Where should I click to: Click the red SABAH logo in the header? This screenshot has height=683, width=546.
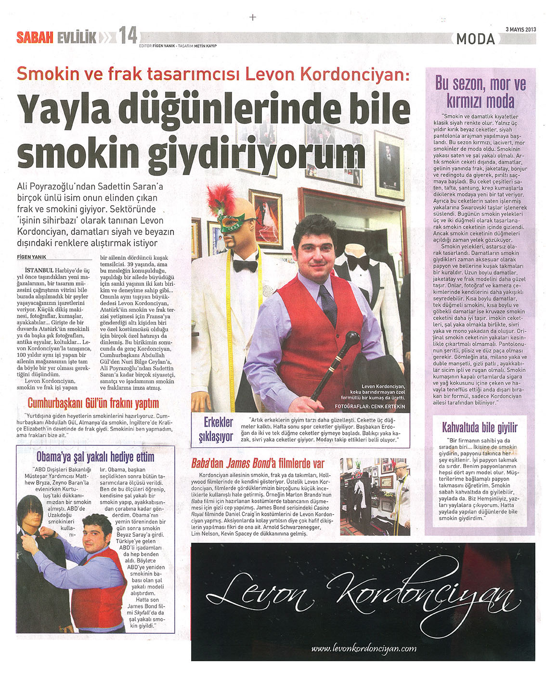(x=35, y=38)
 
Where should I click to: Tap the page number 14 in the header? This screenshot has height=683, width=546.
(x=128, y=36)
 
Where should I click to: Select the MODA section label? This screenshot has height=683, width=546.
(x=475, y=39)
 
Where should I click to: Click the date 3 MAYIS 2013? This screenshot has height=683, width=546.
(x=520, y=29)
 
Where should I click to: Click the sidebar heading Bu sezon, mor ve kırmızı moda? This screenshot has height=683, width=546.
(x=480, y=93)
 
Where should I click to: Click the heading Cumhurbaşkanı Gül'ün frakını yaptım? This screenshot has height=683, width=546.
(x=93, y=403)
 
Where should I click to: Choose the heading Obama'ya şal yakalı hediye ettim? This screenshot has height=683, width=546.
(x=95, y=456)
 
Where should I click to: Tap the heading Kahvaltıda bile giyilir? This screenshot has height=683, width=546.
(x=480, y=427)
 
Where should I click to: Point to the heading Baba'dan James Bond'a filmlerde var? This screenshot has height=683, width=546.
(x=258, y=464)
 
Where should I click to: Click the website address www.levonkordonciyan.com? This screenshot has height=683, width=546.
(x=364, y=648)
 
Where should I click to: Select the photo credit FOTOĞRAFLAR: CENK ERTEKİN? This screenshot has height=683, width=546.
(x=370, y=406)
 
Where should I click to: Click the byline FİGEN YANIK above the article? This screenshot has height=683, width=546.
(x=32, y=257)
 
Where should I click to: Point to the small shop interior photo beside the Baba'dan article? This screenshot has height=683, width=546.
(x=375, y=496)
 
